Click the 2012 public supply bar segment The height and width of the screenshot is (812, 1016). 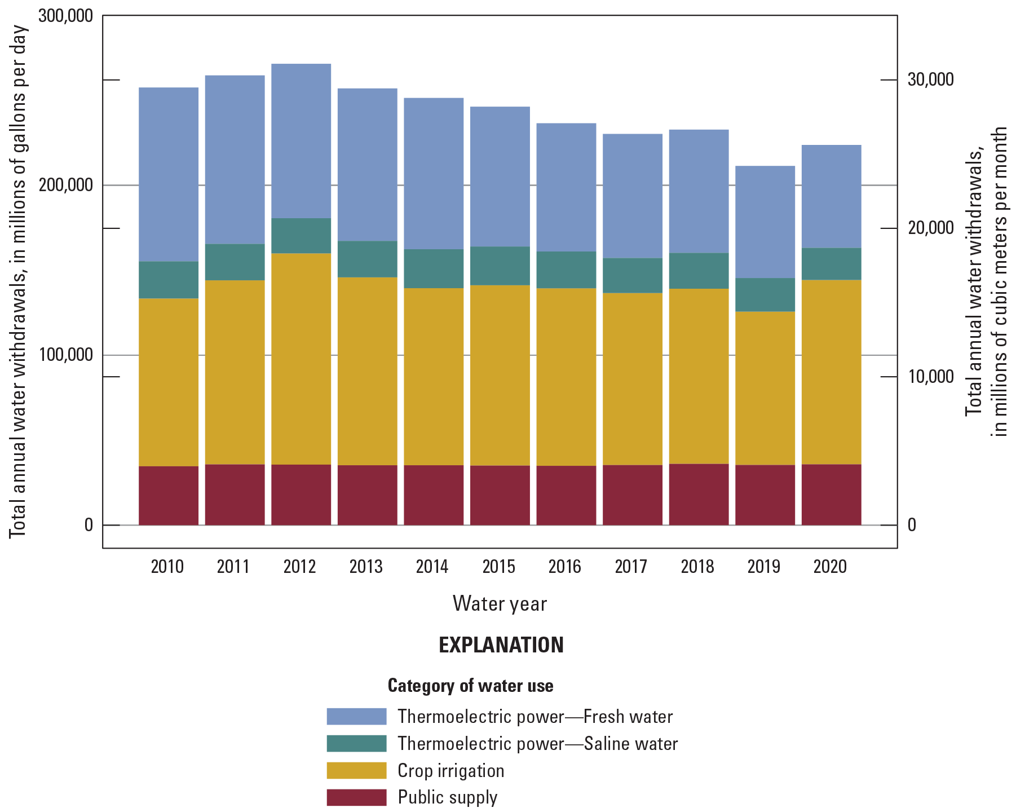pyautogui.click(x=301, y=495)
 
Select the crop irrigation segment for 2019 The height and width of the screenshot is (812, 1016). pyautogui.click(x=765, y=388)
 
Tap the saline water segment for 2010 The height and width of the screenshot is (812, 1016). pyautogui.click(x=169, y=280)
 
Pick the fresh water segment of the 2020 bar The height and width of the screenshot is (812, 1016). pyautogui.click(x=832, y=196)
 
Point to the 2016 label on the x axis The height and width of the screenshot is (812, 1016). pyautogui.click(x=565, y=566)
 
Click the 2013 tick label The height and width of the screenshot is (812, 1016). pyautogui.click(x=366, y=566)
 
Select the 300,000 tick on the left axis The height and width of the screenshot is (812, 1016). pyautogui.click(x=65, y=16)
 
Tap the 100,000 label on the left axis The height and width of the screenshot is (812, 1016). pyautogui.click(x=65, y=355)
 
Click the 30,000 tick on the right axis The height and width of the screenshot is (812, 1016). pyautogui.click(x=930, y=80)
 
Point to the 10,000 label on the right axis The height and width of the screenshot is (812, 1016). pyautogui.click(x=930, y=376)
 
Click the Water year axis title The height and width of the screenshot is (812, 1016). pyautogui.click(x=500, y=603)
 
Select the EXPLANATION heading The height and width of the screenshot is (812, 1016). pyautogui.click(x=501, y=645)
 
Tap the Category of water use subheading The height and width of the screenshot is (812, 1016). pyautogui.click(x=470, y=686)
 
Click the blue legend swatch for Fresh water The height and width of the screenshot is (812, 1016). pyautogui.click(x=356, y=716)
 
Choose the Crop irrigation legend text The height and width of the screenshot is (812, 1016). pyautogui.click(x=450, y=770)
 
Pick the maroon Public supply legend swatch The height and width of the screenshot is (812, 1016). pyautogui.click(x=356, y=797)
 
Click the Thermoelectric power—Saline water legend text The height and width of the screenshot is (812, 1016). pyautogui.click(x=537, y=743)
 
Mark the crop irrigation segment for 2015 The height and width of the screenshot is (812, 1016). pyautogui.click(x=500, y=375)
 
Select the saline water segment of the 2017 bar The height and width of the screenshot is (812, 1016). pyautogui.click(x=633, y=275)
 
